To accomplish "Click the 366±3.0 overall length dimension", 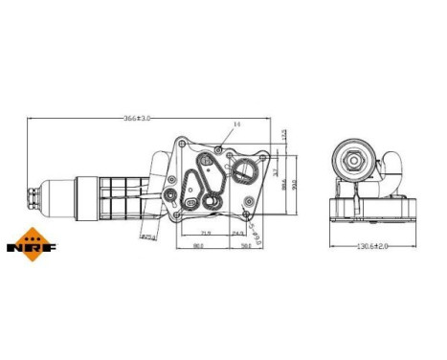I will tap(141, 117).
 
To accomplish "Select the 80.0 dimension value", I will tap(199, 246).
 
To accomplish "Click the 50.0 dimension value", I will tap(246, 246).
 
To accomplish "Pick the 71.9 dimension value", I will tap(205, 232).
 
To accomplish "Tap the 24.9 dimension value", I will tap(238, 232).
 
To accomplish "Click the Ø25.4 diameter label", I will tap(148, 236).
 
